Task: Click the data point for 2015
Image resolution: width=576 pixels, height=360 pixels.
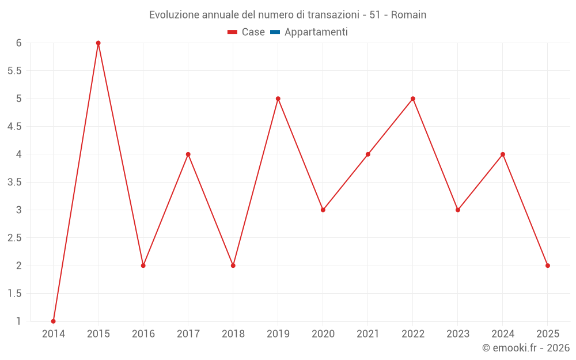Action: coord(98,43)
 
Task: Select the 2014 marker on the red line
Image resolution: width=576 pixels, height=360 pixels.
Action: coord(54,321)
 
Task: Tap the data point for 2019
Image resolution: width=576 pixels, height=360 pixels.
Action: coord(278,98)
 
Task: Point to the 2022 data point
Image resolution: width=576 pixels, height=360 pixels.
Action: coord(413,98)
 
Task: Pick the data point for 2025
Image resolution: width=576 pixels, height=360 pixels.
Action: coord(548,266)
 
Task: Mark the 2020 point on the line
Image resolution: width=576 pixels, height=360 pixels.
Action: coord(323,210)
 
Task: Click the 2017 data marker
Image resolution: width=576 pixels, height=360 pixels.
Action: coord(188,154)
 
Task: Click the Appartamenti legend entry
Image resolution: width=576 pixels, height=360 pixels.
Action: coord(316,32)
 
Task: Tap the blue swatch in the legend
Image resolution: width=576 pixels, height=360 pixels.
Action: coord(275,32)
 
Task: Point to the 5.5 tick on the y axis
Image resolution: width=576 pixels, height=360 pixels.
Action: coord(14,71)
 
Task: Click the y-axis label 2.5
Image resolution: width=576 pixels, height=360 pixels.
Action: coord(14,238)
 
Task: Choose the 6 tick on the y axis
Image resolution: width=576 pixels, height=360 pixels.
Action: coord(19,43)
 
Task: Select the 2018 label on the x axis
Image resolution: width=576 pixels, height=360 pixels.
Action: coord(233,334)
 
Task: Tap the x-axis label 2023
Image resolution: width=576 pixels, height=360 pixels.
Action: coord(458,334)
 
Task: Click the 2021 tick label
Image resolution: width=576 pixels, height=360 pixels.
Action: coord(368,334)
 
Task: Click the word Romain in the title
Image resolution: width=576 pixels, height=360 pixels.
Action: coord(408,15)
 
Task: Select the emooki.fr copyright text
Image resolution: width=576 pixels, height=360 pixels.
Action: coord(526,348)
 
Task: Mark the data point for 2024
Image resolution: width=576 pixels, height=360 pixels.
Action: coord(503,154)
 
